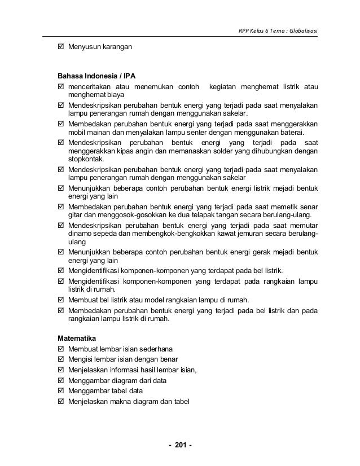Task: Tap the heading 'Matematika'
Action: point(77,338)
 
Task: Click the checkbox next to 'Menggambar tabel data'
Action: point(61,391)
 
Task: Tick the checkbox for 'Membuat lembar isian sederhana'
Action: point(61,348)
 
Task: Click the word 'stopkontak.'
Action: point(82,159)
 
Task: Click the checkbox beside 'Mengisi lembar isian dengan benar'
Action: point(61,359)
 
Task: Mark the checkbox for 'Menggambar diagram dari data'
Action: point(61,380)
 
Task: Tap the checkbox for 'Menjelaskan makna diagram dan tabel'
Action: point(61,402)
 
